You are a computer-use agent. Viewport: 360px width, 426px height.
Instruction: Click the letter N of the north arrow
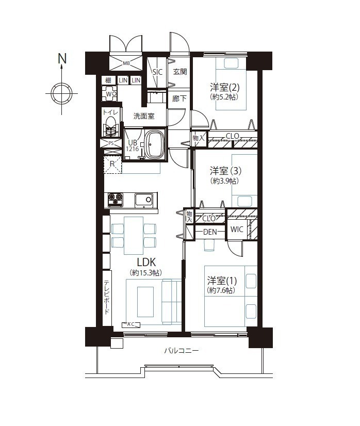pos(62,58)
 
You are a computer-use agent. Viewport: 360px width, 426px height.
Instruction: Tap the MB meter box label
pos(126,63)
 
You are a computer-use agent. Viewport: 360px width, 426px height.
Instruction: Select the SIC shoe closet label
pos(157,72)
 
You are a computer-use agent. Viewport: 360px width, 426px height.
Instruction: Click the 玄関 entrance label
pos(180,72)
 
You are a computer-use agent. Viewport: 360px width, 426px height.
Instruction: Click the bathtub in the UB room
pos(154,144)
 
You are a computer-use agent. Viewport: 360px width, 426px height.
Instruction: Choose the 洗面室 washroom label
pos(144,116)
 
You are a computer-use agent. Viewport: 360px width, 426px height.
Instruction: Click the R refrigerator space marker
pos(112,164)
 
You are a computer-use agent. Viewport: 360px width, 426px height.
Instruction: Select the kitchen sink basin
pos(144,201)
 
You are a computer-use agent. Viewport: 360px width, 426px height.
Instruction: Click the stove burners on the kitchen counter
pos(116,200)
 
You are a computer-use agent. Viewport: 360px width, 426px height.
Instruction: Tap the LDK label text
pos(146,263)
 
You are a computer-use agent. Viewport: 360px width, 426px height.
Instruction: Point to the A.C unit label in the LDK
pos(130,324)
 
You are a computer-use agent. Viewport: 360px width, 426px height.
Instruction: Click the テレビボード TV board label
pos(107,297)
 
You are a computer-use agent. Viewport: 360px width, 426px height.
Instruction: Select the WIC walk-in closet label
pos(237,230)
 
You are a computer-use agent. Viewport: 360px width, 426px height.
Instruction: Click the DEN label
pos(210,232)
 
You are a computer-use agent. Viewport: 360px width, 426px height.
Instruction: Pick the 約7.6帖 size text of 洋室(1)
pos(221,290)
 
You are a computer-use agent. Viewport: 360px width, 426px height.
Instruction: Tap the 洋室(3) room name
pos(225,171)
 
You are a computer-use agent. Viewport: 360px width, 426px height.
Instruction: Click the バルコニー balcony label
pos(181,351)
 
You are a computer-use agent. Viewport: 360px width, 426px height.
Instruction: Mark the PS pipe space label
pos(111,143)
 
